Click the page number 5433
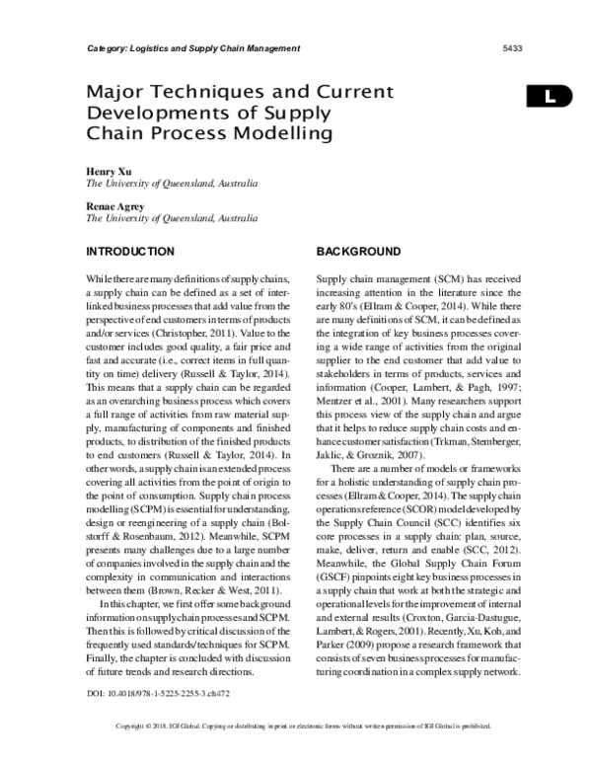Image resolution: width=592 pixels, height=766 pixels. [x=513, y=47]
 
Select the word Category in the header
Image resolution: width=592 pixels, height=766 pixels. [x=101, y=47]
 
